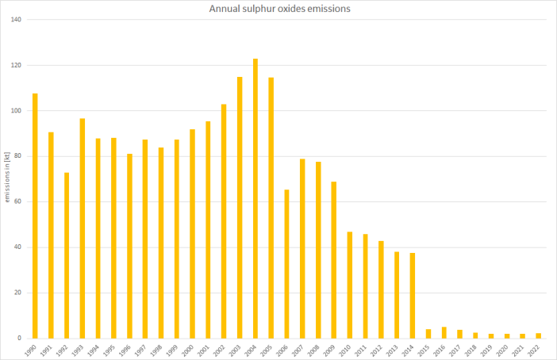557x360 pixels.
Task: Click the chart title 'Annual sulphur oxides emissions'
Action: point(278,10)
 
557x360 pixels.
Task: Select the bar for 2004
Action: point(255,198)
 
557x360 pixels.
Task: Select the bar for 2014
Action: point(413,296)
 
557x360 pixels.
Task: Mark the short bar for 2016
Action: point(444,333)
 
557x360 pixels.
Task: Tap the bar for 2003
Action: point(240,208)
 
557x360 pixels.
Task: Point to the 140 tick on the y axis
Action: point(15,19)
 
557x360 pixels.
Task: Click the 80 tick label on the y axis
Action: point(17,156)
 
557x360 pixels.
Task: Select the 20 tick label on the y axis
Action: point(17,293)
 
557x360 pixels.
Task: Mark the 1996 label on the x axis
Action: point(127,350)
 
